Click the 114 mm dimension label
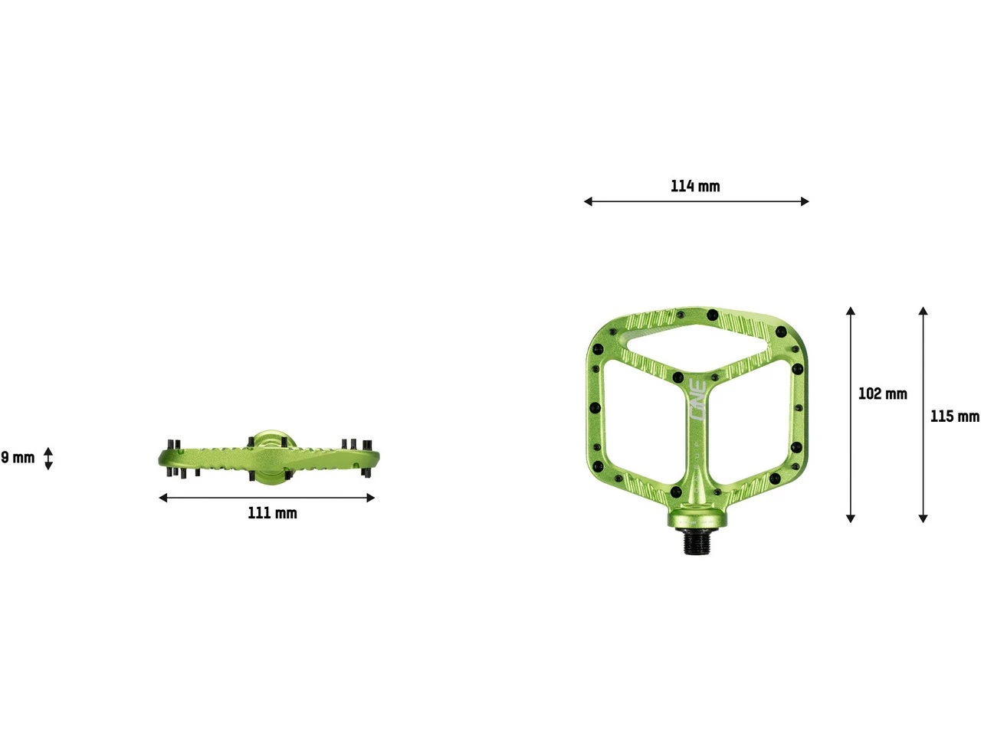coord(695,186)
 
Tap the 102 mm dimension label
coord(882,394)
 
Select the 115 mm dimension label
coord(954,416)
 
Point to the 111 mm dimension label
coord(272,513)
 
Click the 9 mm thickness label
coord(18,458)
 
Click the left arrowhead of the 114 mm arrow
coord(588,201)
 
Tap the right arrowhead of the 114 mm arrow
coord(805,201)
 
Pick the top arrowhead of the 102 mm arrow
coord(851,311)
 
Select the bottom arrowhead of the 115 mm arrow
coord(924,518)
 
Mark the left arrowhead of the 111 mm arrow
coord(162,498)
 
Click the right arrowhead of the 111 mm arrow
coord(371,498)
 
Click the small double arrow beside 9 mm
coord(48,458)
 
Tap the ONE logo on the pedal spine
coord(697,400)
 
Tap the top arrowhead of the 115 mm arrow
coord(924,311)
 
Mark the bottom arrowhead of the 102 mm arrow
coord(851,518)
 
